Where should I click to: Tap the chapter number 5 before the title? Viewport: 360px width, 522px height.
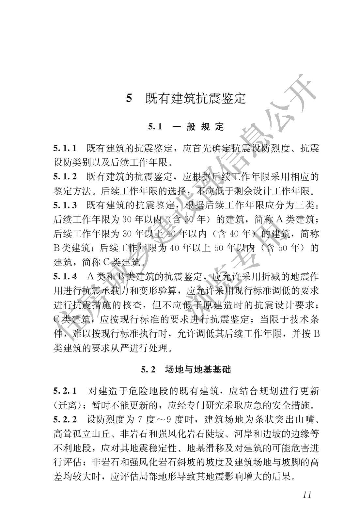point(129,98)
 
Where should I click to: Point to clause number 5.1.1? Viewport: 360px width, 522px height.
point(65,148)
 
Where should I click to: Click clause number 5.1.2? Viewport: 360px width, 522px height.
point(65,177)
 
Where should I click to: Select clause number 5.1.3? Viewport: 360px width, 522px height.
point(65,205)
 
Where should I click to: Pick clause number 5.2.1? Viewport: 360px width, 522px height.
point(65,391)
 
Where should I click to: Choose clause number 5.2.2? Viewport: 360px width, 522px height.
point(65,419)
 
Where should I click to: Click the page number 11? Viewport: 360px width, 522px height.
point(306,495)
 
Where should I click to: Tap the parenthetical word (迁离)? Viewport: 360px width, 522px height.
point(67,405)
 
